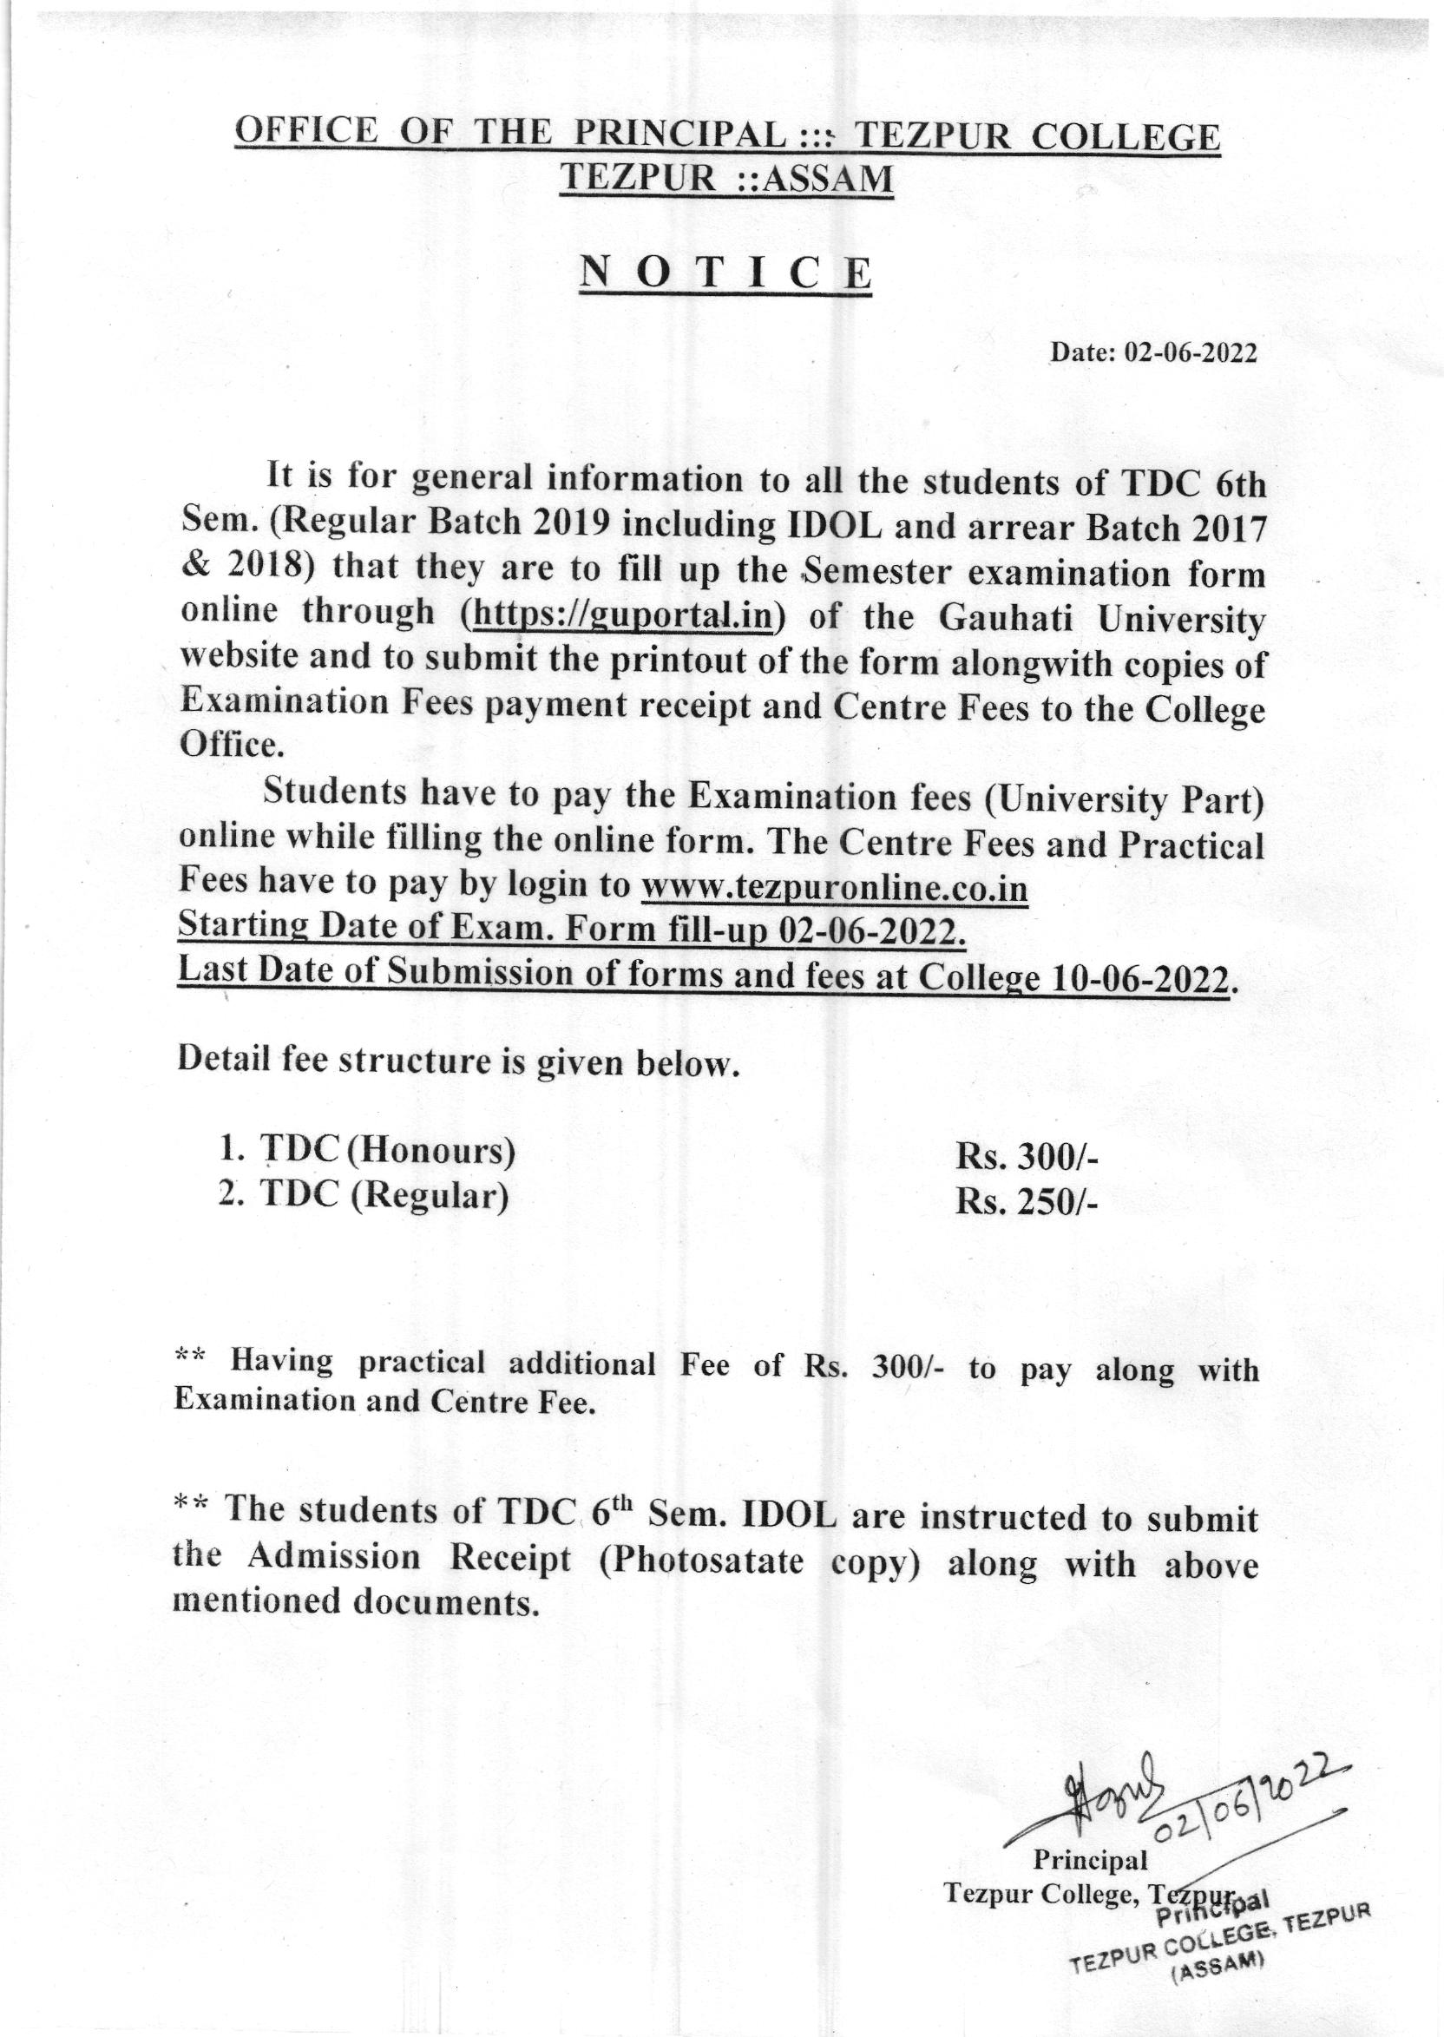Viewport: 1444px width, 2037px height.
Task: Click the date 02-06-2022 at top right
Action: pos(1191,353)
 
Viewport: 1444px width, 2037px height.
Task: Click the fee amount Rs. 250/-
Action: pos(1027,1201)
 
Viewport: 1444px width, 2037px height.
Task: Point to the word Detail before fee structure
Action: pos(222,1061)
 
